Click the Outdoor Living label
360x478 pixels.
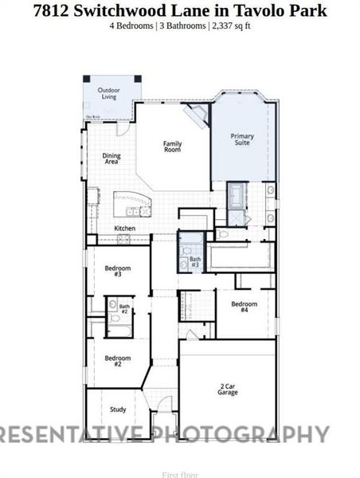[x=109, y=94]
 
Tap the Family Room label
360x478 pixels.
[x=173, y=147]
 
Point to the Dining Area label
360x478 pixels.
[x=112, y=159]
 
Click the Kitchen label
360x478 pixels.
[x=124, y=229]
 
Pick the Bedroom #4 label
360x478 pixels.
[x=244, y=307]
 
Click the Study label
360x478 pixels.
[x=118, y=409]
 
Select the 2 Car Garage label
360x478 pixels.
[x=228, y=390]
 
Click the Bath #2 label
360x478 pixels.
[x=124, y=308]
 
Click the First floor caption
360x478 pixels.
[x=180, y=475]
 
